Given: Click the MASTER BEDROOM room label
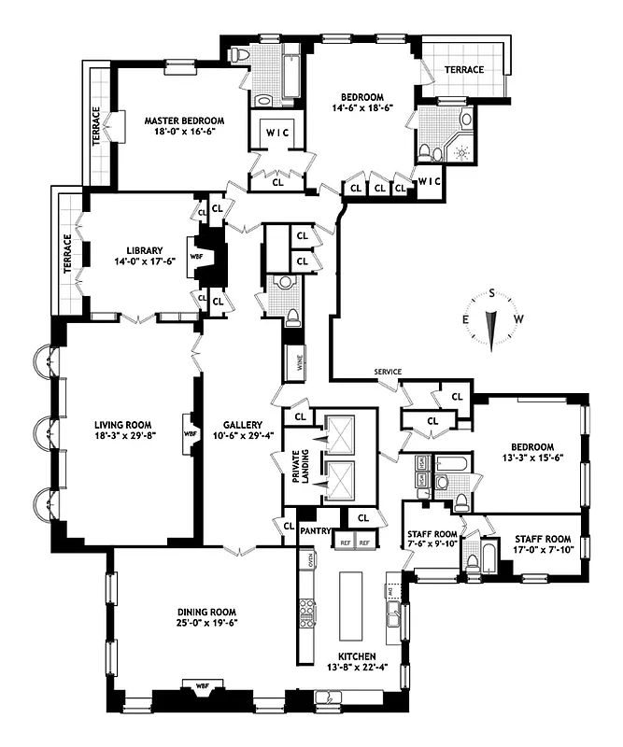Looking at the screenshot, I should pos(185,120).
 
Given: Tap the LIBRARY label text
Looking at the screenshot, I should pos(145,250).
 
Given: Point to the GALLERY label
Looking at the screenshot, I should pos(241,423).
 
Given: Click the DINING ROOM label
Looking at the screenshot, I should pos(203,613).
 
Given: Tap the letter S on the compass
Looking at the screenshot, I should pos(490,292).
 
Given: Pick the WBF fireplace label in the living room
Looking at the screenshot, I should pos(191,433).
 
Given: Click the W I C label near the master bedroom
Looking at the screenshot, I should pos(277,132).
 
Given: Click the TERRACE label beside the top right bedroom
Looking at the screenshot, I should pos(464,70).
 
